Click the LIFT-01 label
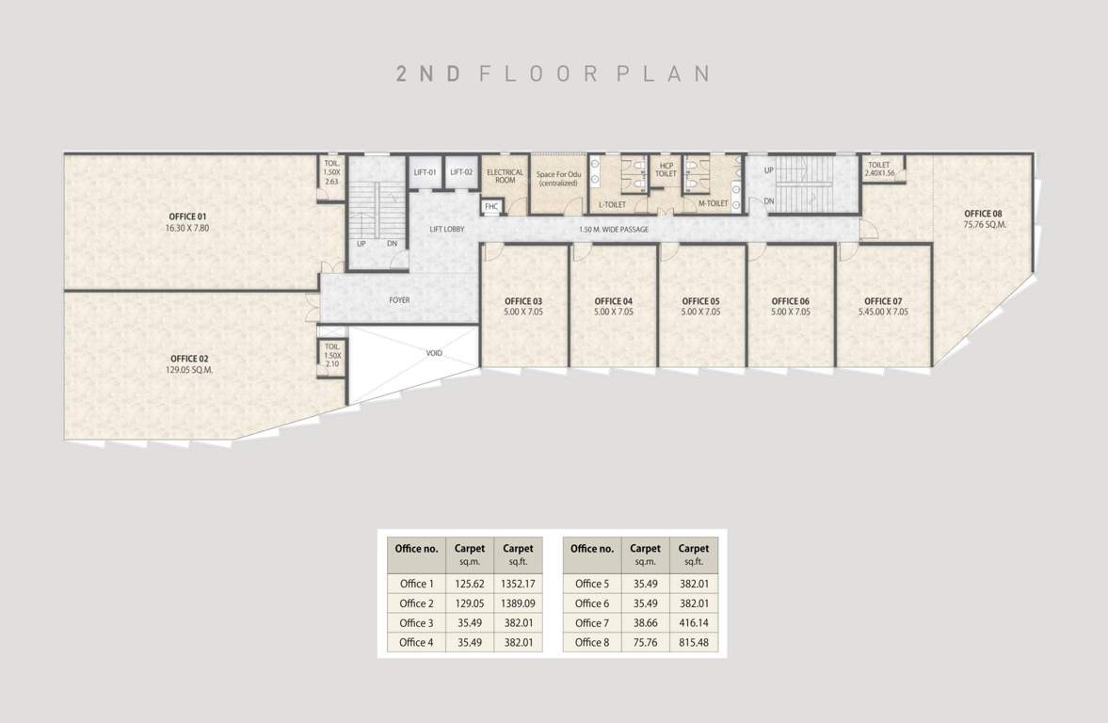426,172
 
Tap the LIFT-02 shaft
461,173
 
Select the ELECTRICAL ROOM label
505,176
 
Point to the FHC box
491,206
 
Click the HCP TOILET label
666,169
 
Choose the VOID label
434,353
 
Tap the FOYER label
399,300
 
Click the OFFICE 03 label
523,301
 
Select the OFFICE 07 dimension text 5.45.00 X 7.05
886,312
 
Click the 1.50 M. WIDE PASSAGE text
613,230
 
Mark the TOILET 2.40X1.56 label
880,169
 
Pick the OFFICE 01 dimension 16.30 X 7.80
189,228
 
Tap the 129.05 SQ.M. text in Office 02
189,370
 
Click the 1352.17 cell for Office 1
518,584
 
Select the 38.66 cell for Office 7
645,623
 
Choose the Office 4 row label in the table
416,643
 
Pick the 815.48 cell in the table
694,643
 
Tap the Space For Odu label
558,175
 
